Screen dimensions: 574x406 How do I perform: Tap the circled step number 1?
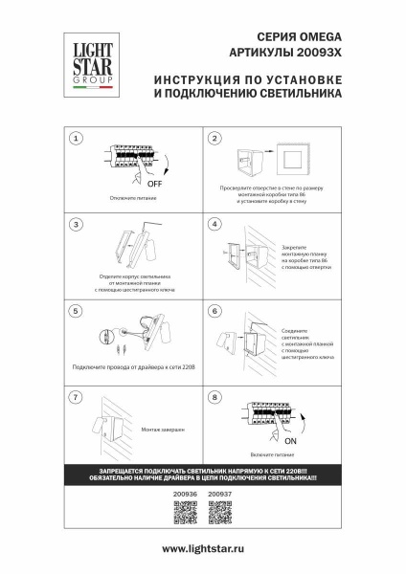click(x=76, y=139)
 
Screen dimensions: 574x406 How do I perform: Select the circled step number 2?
click(x=215, y=139)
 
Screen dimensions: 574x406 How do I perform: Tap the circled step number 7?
click(x=76, y=396)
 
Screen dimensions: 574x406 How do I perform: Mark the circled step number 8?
click(x=215, y=396)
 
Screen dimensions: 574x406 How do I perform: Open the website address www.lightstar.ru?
click(x=202, y=548)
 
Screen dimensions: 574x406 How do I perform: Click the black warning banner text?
click(x=202, y=475)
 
